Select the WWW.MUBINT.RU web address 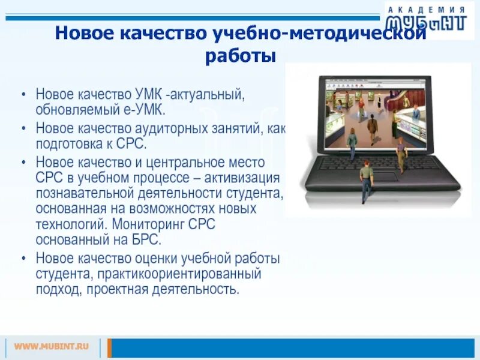(52, 346)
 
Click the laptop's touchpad (385, 177)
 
